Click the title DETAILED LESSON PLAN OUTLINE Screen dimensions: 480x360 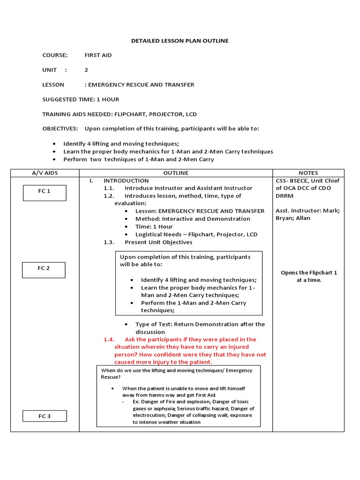tap(180, 41)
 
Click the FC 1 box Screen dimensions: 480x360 tap(45, 193)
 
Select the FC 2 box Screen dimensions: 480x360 tap(44, 270)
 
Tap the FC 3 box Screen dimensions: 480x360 tap(45, 416)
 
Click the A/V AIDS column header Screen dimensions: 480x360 tap(45, 173)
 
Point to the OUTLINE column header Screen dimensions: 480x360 tap(176, 173)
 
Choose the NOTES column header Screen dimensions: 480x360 tap(308, 173)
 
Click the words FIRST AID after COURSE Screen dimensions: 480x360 tap(98, 55)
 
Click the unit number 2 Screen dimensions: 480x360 tap(86, 70)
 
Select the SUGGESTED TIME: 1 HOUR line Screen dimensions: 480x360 tap(81, 99)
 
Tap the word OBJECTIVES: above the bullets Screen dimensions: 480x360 tap(60, 128)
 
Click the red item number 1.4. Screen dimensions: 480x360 tap(109, 339)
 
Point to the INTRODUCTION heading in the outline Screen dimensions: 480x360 tap(126, 180)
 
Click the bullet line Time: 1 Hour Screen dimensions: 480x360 tap(154, 226)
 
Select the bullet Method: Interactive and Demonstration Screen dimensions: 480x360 tap(193, 219)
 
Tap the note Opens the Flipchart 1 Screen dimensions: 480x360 tap(308, 272)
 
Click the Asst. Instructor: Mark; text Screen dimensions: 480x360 tap(307, 210)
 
